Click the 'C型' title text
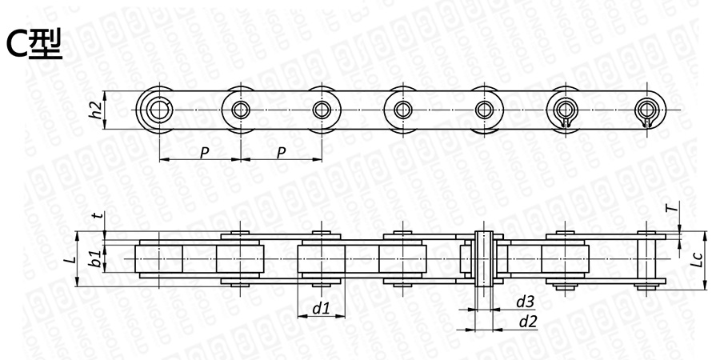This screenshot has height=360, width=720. (x=34, y=46)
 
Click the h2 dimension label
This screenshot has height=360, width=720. (x=95, y=110)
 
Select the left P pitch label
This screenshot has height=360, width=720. (x=204, y=153)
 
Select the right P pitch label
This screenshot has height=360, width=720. (x=282, y=153)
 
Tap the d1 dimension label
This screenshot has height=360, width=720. (x=322, y=309)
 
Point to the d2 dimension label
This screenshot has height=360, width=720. (x=528, y=322)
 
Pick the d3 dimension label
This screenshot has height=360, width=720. (x=526, y=302)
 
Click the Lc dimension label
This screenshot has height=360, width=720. (x=698, y=260)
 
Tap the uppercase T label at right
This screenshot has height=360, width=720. (x=672, y=208)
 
